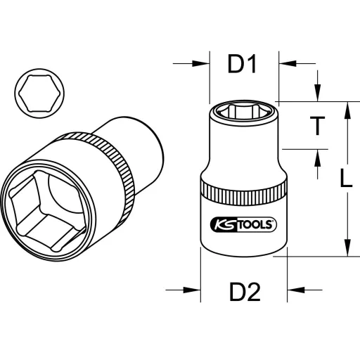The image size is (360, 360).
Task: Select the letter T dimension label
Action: point(318,126)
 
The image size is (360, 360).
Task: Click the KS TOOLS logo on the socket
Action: point(243,224)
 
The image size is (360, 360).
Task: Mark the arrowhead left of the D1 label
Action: point(202,64)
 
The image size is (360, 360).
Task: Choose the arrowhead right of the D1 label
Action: point(285,64)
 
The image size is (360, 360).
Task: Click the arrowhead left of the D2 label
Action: point(193,289)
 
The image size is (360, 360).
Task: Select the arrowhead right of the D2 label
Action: point(295,289)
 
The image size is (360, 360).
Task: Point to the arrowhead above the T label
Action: point(318,94)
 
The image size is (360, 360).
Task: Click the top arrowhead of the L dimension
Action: point(345,108)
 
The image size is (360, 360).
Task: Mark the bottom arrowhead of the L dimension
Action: point(345,250)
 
